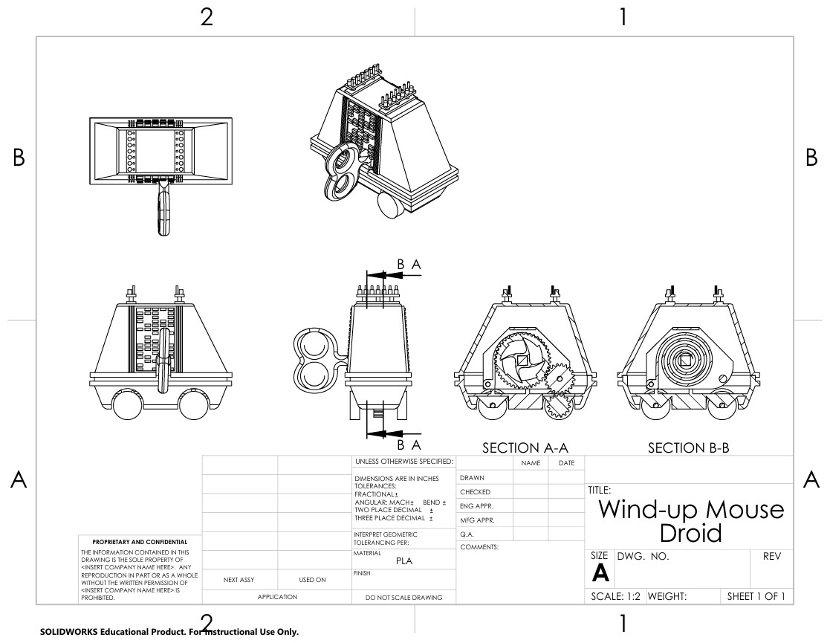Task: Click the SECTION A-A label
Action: coord(525,448)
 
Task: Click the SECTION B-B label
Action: coord(688,448)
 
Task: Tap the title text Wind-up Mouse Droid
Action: coord(691,520)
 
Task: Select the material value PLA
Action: coord(404,561)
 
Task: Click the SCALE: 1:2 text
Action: coord(615,596)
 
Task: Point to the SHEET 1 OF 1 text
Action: coord(756,596)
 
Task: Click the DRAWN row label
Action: coord(472,478)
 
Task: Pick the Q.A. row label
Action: coord(467,534)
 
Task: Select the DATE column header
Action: coord(566,463)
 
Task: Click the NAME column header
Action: coord(531,463)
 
